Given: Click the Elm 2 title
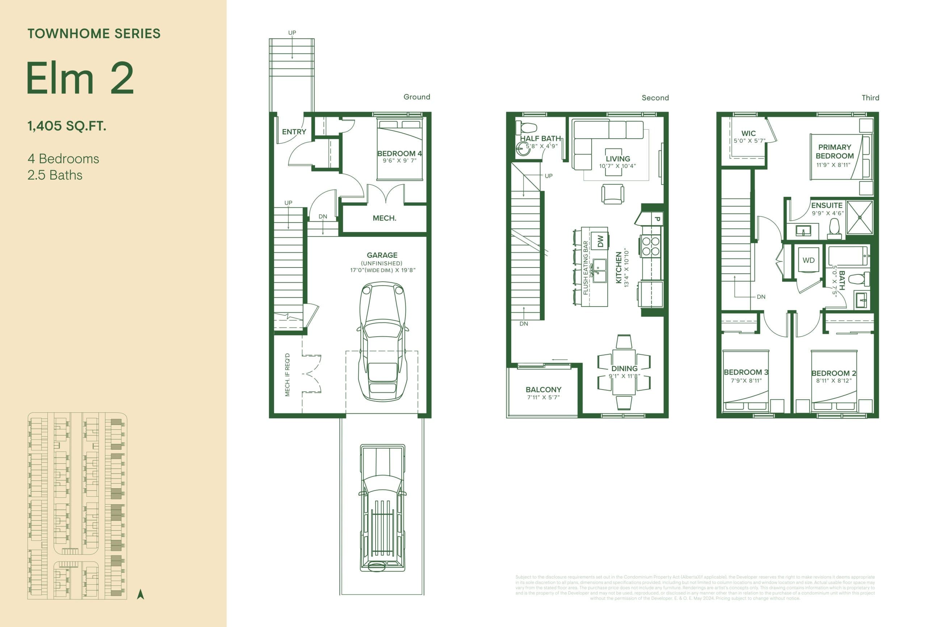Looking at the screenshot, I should tap(80, 79).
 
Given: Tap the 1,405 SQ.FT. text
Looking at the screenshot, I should tap(67, 126).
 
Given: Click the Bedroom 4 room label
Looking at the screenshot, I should tap(399, 153).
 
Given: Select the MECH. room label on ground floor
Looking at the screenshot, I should tap(384, 218).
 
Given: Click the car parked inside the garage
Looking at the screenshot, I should tap(382, 341).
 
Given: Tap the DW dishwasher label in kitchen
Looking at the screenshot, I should tap(600, 241).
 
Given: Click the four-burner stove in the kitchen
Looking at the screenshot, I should tap(651, 246).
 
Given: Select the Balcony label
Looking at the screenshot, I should tap(543, 390).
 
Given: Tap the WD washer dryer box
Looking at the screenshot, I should tap(808, 260).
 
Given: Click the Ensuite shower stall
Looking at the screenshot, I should tap(860, 217).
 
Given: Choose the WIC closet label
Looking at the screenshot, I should tap(748, 134).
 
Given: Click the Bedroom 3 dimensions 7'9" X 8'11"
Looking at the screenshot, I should tap(746, 380).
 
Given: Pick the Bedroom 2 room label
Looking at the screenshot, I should tap(834, 373).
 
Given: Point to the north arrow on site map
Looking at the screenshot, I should tap(140, 594).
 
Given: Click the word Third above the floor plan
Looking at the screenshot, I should tap(870, 98).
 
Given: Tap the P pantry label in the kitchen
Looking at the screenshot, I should tap(657, 219).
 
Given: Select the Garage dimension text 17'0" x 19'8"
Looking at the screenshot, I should tap(382, 270).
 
